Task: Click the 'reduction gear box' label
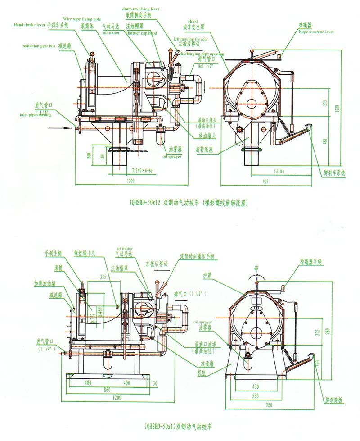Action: point(38,46)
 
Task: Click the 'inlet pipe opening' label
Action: point(36,115)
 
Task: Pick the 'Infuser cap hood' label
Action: point(143,33)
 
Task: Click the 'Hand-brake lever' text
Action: point(29,25)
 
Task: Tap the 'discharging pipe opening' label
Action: point(201,54)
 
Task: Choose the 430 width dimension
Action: point(255,386)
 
